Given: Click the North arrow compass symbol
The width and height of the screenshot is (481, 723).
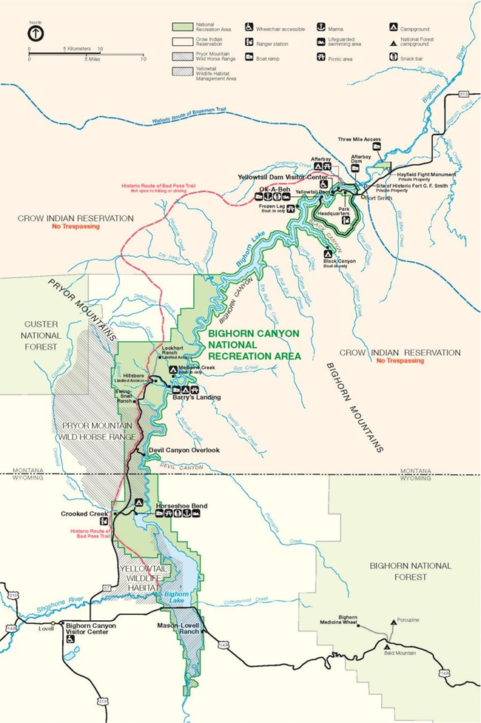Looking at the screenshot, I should [36, 34].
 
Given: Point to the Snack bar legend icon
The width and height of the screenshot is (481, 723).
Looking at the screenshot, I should [392, 57].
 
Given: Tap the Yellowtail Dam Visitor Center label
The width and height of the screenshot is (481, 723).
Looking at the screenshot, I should [283, 178].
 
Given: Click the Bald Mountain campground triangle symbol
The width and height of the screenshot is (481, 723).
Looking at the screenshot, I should [386, 646].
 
